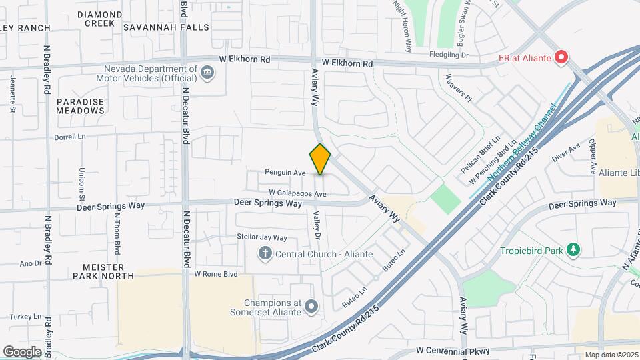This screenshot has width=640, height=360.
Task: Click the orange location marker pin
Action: click(321, 159)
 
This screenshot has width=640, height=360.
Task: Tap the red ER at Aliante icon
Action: click(561, 58)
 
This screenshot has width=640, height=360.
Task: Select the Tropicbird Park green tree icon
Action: click(573, 250)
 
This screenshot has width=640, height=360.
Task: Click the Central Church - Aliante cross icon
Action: click(265, 253)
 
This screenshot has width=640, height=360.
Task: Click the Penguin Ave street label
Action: click(285, 173)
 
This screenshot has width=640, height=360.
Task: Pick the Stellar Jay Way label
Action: click(262, 237)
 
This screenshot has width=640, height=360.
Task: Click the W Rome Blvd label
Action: click(215, 274)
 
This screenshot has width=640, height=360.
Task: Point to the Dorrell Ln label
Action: click(71, 137)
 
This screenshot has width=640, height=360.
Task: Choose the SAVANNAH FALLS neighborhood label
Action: click(166, 27)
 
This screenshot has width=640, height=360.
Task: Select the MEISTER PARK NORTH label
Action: click(100, 271)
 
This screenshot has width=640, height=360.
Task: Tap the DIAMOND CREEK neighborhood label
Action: click(100, 18)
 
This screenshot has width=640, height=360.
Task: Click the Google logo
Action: click(22, 351)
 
